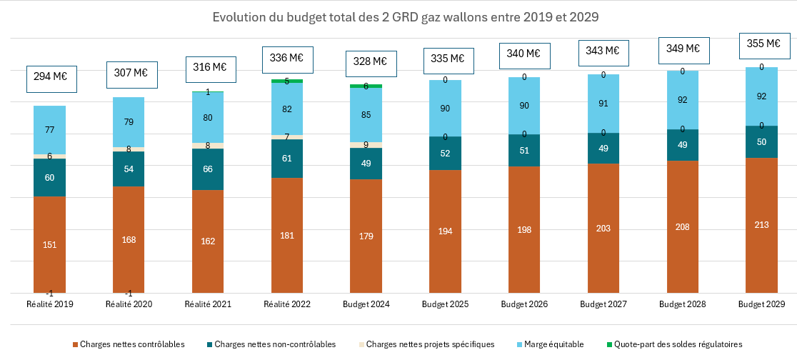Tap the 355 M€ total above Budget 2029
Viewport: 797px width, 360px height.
click(x=763, y=43)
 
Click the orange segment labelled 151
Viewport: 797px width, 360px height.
click(x=50, y=244)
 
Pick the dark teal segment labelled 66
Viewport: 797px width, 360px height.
click(x=208, y=169)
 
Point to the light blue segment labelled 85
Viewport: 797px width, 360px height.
click(x=366, y=114)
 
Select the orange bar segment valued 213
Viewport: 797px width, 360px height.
click(x=761, y=224)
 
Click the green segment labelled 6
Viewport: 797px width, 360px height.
click(x=366, y=86)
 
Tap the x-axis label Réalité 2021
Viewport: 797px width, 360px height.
click(x=208, y=304)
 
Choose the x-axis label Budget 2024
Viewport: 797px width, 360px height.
click(x=366, y=304)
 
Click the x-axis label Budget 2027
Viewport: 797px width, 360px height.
click(x=603, y=304)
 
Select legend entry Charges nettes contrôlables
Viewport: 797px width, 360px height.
click(x=128, y=344)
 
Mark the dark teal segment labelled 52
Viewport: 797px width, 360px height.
click(x=445, y=154)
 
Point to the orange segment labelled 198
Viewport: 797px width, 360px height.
click(x=524, y=229)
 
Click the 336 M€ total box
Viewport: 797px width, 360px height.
click(x=287, y=57)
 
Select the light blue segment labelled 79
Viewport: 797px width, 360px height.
click(x=129, y=122)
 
